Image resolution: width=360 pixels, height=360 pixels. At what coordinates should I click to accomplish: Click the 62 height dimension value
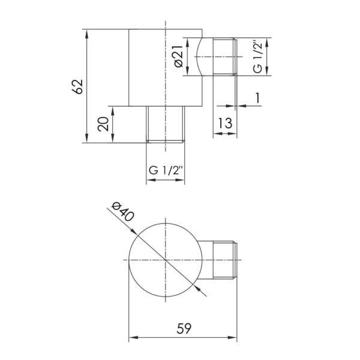coord(77,86)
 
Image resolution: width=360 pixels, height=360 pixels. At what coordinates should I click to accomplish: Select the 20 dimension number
coord(103,124)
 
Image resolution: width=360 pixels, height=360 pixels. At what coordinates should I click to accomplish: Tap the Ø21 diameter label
coord(179,56)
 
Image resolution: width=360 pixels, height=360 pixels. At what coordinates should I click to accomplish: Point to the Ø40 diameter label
coord(122,212)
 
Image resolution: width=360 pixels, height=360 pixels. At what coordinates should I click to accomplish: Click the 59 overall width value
coord(184,329)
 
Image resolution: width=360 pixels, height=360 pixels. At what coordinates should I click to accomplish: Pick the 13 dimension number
coord(225,123)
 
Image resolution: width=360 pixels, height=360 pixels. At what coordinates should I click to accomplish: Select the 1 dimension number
coord(257,98)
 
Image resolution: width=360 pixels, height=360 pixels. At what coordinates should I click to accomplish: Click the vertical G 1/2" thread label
coord(257,57)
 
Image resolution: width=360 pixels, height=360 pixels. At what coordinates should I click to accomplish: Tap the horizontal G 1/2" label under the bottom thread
coord(166,170)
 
